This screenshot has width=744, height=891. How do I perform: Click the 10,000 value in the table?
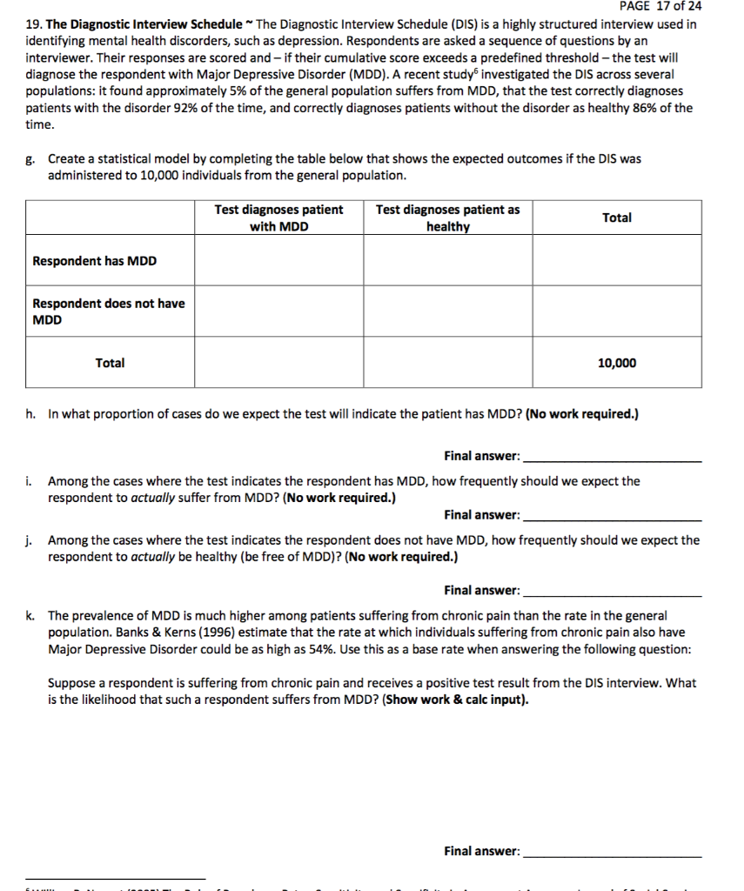[616, 363]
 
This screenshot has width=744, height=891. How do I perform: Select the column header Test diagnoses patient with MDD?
[278, 218]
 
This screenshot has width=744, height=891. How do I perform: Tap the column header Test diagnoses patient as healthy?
[447, 218]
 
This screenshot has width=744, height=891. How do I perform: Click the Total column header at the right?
[616, 218]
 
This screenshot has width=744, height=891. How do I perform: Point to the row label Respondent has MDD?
[95, 261]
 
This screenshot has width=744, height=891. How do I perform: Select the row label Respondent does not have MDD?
[108, 312]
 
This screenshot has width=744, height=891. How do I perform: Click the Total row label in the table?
[110, 363]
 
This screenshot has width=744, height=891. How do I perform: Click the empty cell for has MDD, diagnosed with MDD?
[278, 261]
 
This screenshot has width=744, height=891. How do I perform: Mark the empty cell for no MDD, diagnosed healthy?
[447, 312]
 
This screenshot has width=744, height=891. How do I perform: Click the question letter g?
[30, 159]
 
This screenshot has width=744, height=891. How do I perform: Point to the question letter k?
[30, 616]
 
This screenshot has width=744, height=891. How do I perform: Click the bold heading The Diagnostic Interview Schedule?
[131, 24]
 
